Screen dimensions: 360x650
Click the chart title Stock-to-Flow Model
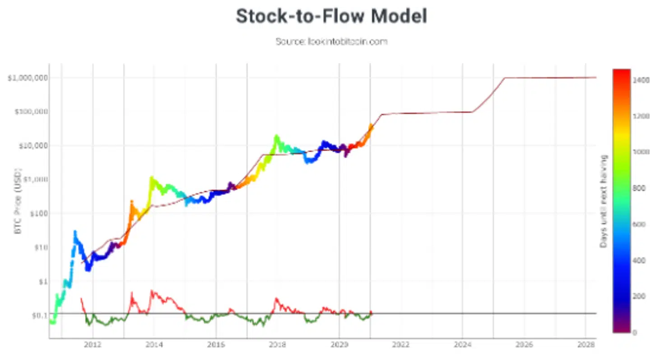pos(331,17)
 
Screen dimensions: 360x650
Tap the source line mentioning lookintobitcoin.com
pos(331,42)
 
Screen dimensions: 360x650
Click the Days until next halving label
pos(603,201)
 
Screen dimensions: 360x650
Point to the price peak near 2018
pos(276,136)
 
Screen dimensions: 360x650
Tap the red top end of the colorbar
pos(621,71)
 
